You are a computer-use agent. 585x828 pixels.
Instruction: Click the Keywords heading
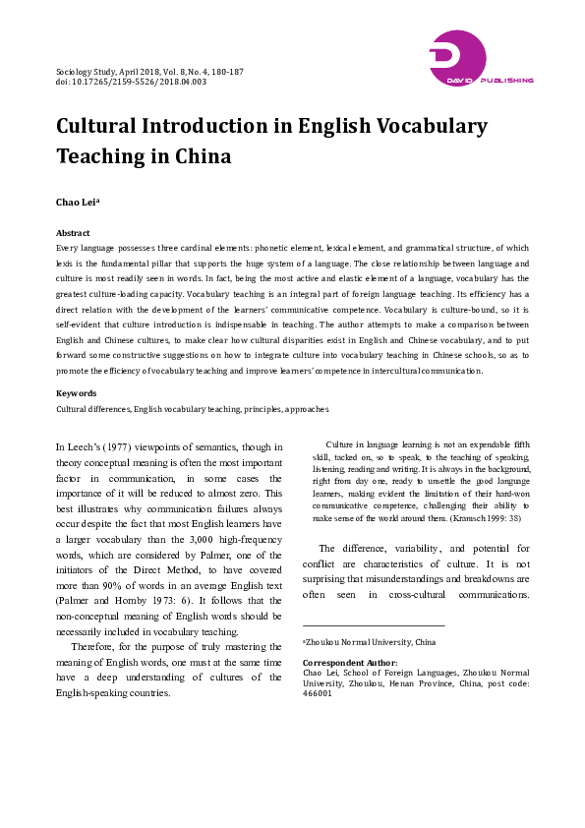tap(76, 393)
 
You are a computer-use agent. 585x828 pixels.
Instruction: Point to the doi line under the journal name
tap(131, 82)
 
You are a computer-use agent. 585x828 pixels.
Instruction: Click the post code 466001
tap(318, 692)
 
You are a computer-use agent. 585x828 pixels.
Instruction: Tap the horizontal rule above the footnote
tap(374, 625)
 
